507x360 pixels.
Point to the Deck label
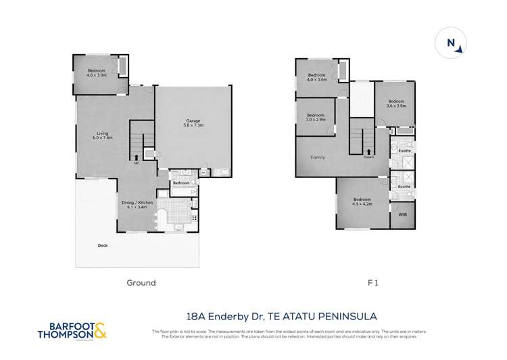click(x=103, y=246)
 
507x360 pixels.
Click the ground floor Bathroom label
click(x=180, y=183)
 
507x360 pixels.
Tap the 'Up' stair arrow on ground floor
click(x=137, y=158)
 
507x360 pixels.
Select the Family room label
click(x=317, y=157)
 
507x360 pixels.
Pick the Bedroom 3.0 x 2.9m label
click(x=315, y=117)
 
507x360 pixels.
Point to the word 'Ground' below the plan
click(x=141, y=283)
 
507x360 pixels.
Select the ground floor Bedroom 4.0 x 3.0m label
click(x=98, y=74)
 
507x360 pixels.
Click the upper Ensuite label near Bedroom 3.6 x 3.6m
click(x=404, y=151)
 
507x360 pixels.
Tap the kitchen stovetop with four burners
click(x=195, y=218)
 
